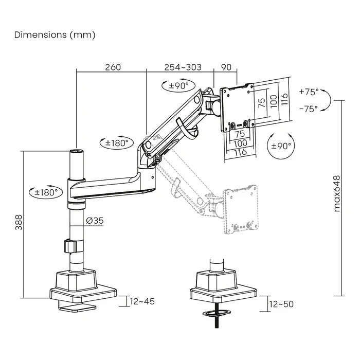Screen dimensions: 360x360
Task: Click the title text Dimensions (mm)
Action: point(55,35)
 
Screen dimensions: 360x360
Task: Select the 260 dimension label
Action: point(113,67)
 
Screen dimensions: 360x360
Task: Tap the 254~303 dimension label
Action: point(183,67)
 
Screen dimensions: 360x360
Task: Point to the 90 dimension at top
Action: point(226,67)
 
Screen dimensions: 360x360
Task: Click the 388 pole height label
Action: point(19,223)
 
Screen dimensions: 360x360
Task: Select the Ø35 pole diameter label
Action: point(95,220)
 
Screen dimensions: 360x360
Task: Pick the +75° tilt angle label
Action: point(309,92)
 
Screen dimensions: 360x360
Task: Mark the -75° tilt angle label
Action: point(309,109)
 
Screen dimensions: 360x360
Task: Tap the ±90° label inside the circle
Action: point(280,146)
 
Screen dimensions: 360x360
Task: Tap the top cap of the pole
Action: point(76,151)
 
